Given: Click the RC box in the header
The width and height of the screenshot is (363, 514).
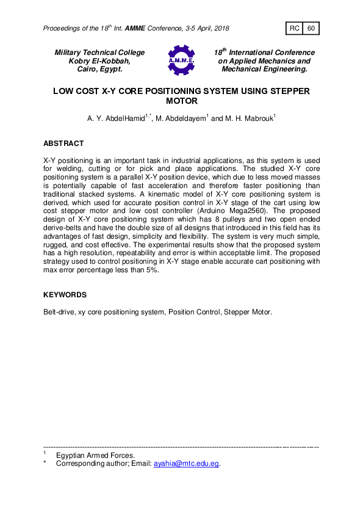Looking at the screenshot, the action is point(295,29).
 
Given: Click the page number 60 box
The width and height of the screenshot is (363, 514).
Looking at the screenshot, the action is point(311,29).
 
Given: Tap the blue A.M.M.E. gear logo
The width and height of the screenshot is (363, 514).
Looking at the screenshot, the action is point(181,60).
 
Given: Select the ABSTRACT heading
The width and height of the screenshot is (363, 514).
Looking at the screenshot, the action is point(63,143).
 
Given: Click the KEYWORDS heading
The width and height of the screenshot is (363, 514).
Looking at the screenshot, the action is point(65,295).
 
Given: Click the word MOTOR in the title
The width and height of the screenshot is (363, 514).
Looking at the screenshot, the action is point(181,101).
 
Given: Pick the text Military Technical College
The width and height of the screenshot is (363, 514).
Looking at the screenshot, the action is point(100,52).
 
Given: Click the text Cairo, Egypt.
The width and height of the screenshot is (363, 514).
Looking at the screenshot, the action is point(100,70).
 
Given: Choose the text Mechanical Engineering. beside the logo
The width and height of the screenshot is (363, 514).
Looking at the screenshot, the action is point(264,70).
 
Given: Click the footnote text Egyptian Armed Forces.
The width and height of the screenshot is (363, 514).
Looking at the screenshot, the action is point(95,455).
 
